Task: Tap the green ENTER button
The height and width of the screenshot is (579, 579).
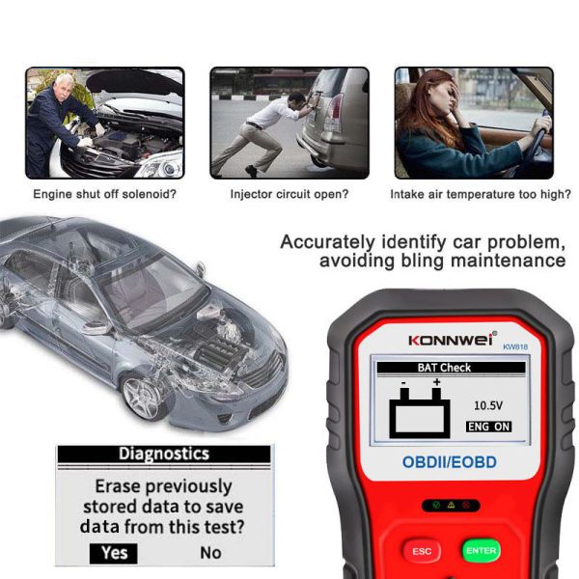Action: click(482, 551)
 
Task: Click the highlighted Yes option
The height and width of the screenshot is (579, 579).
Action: click(113, 553)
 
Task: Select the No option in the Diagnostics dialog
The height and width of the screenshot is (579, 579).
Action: click(210, 553)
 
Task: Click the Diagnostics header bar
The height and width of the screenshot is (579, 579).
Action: click(164, 454)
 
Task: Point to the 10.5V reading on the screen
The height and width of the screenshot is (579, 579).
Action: click(487, 406)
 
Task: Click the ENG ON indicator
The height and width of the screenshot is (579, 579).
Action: click(488, 427)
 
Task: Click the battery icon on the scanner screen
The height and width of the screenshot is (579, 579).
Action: click(420, 410)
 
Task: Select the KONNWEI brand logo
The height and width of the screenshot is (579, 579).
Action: click(452, 340)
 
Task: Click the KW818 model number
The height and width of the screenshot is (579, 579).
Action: click(515, 346)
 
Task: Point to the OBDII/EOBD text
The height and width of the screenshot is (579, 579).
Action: click(449, 462)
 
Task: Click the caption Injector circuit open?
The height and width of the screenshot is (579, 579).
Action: click(289, 194)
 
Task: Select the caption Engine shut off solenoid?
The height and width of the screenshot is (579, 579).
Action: click(105, 194)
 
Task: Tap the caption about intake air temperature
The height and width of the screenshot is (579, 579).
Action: click(481, 194)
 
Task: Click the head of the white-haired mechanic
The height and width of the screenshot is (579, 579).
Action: click(64, 86)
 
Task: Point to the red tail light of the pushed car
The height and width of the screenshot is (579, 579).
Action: click(335, 113)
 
